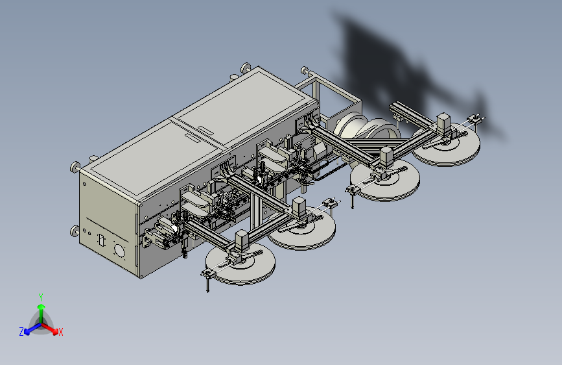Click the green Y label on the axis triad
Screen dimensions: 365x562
40,296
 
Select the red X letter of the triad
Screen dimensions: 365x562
61,332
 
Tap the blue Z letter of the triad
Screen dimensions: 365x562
21,331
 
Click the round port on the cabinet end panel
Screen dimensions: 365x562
119,250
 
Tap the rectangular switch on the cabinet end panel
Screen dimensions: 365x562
101,240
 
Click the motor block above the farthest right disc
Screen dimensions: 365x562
445,123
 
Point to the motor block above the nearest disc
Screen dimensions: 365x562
241,240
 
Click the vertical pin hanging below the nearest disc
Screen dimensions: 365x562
207,284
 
